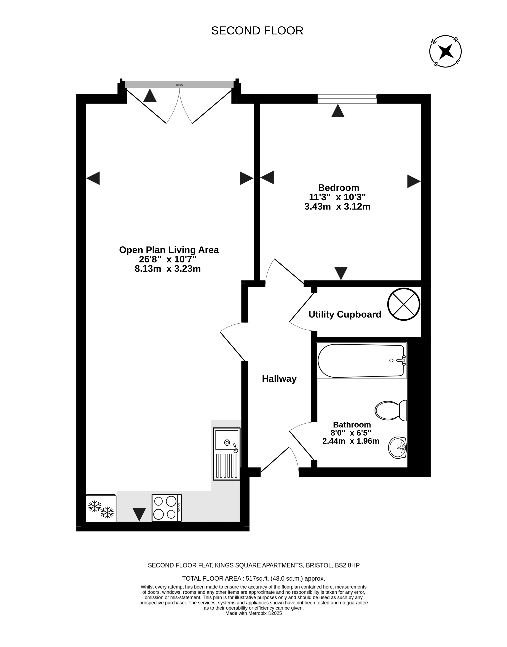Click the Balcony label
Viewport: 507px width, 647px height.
pos(179,85)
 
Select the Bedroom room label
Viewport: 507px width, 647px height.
pos(338,188)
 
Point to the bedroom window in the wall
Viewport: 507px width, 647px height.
pos(347,99)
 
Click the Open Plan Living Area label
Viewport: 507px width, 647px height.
pos(169,250)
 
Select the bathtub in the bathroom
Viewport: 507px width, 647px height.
pos(361,361)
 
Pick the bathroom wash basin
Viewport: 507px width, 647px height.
pos(397,448)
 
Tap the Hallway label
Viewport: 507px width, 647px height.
pos(279,379)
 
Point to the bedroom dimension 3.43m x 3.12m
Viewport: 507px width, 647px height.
pos(337,207)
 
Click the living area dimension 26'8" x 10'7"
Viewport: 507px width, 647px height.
pos(168,259)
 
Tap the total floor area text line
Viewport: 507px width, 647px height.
pos(253,578)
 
